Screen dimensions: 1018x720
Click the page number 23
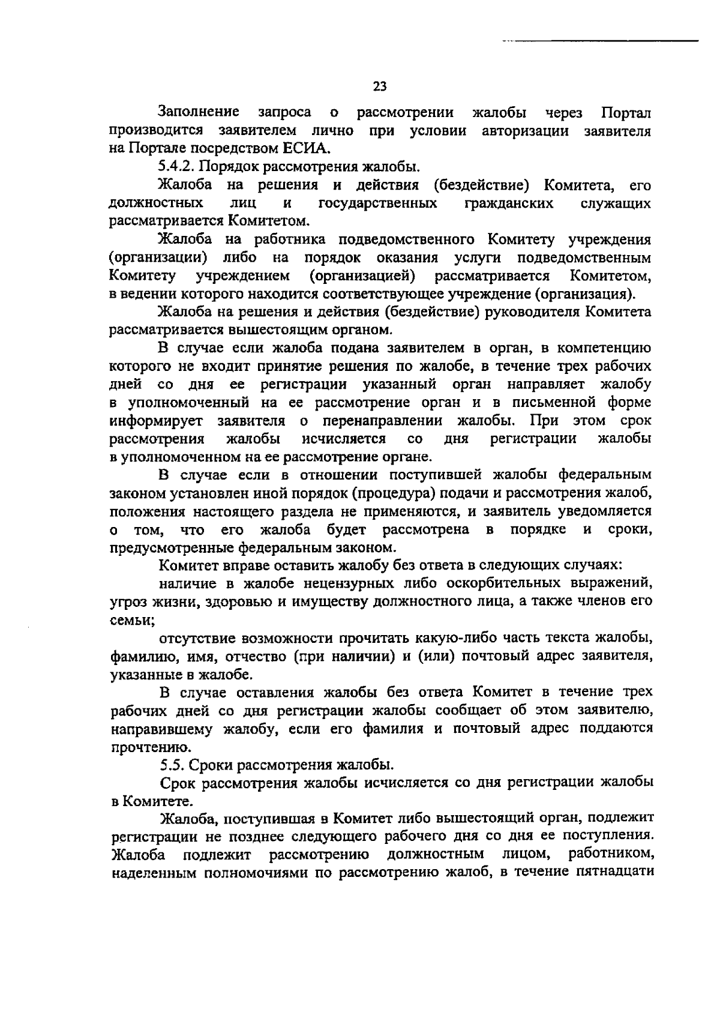379,86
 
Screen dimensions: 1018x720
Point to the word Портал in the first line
626,112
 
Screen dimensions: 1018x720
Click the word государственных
377,203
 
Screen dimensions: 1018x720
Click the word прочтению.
143,748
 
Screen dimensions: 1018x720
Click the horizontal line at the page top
600,41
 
